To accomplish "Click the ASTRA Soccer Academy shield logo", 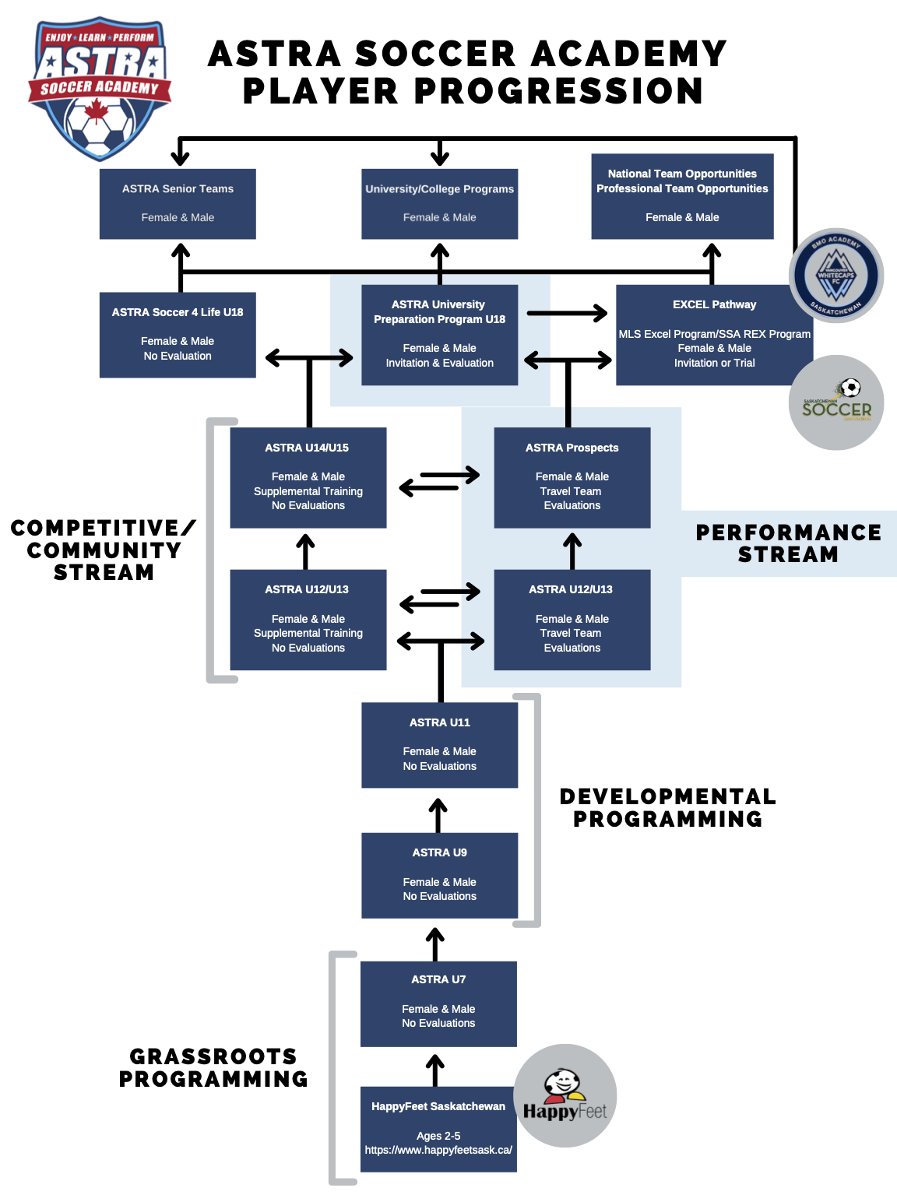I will coord(99,87).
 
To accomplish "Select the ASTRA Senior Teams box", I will coord(178,203).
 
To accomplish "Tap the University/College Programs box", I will coord(439,203).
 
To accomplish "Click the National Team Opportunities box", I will coord(682,195).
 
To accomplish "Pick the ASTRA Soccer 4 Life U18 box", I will coord(178,334).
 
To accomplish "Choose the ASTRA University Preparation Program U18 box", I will coord(439,334).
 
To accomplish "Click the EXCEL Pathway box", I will coord(714,334).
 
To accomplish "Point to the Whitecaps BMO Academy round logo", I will coord(836,276).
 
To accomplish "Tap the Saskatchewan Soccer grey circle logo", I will coord(836,402).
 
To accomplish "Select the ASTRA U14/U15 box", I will coord(308,477).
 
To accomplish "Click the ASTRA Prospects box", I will coord(572,477).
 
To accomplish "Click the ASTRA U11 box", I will coord(439,744).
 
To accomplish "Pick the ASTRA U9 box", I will coord(439,875).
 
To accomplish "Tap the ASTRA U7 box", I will coord(438,1003).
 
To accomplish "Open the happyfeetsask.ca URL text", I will coord(438,1150).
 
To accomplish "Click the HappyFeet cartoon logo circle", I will coord(565,1095).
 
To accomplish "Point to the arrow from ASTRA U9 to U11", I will coord(438,815).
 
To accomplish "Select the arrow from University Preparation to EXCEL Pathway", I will coord(567,313).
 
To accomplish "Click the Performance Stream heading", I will coord(788,543).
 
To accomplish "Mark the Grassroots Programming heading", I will coord(213,1067).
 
